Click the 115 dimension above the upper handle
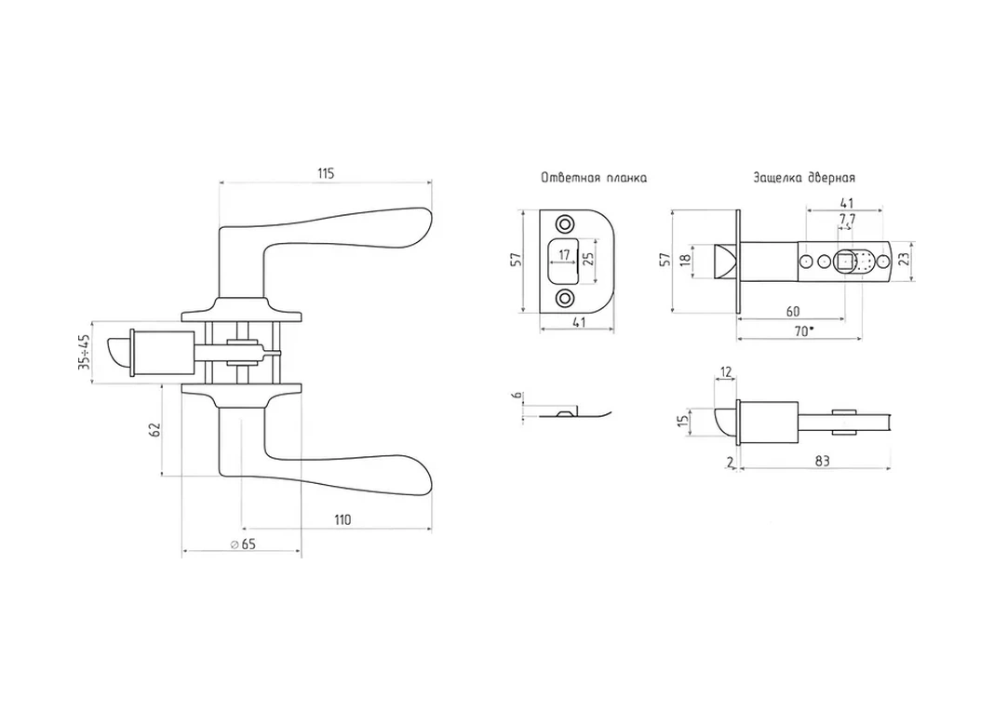(x=325, y=174)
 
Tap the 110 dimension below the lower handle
(x=342, y=519)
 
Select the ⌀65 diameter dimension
(x=242, y=544)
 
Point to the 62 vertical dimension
(x=155, y=429)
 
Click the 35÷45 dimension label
(x=85, y=353)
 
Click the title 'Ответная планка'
(x=594, y=177)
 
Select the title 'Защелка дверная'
(x=805, y=177)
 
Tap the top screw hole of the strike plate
(x=564, y=224)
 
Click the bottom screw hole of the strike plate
(x=564, y=298)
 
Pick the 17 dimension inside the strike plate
(x=563, y=252)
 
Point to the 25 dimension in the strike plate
(x=587, y=260)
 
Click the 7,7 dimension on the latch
(x=847, y=220)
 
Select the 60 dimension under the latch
(x=793, y=310)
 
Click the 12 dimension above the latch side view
(x=726, y=372)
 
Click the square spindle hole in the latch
(x=843, y=262)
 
